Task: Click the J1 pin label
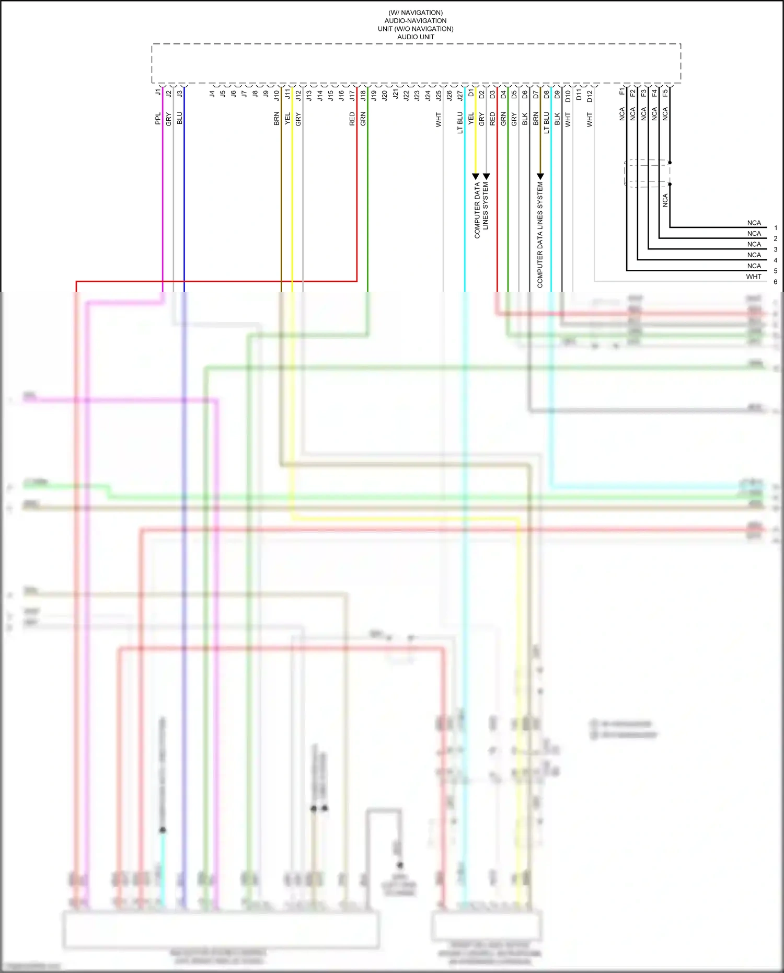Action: coord(158,93)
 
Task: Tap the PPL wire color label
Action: coord(158,119)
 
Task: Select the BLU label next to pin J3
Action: coord(179,118)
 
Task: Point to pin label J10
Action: coord(276,95)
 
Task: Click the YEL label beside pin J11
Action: coord(287,119)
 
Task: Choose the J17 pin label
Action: coord(352,95)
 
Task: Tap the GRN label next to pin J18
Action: coord(363,119)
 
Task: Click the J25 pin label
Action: coord(439,95)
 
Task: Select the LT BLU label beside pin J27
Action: coord(460,123)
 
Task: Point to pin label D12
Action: coord(590,96)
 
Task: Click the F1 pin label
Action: coord(622,92)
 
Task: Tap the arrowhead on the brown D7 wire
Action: coord(540,177)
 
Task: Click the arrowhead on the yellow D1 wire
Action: coord(476,177)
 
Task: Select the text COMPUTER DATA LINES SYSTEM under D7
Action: coord(540,235)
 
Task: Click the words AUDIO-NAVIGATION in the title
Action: coord(416,21)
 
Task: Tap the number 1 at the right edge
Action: coord(776,228)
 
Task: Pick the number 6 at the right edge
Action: coord(776,282)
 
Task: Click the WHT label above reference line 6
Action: coord(754,277)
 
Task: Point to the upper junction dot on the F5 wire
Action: coord(670,163)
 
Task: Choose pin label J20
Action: coord(385,95)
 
